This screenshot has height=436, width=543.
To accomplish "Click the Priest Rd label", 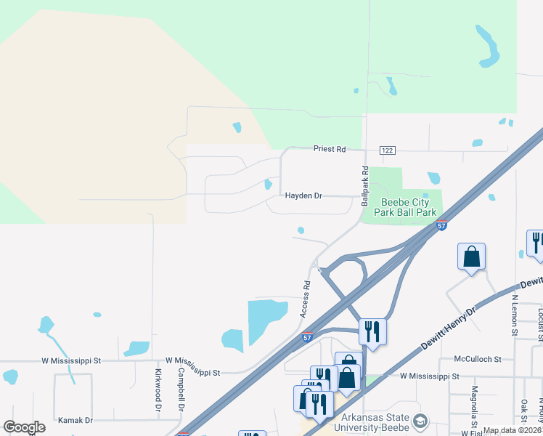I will pyautogui.click(x=330, y=149).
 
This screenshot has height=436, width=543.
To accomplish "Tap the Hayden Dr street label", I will pyautogui.click(x=303, y=196).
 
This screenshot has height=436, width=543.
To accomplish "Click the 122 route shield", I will pyautogui.click(x=388, y=150).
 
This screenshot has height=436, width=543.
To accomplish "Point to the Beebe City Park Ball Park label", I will pyautogui.click(x=405, y=208).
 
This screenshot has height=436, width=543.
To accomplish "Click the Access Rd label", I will pyautogui.click(x=306, y=299).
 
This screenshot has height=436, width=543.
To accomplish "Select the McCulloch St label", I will pyautogui.click(x=478, y=359).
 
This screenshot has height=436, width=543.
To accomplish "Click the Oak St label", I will pyautogui.click(x=523, y=411).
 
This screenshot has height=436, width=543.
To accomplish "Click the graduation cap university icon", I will pyautogui.click(x=420, y=421).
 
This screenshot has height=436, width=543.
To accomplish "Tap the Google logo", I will pyautogui.click(x=24, y=427).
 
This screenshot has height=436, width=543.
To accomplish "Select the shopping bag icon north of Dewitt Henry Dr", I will pyautogui.click(x=472, y=257).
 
